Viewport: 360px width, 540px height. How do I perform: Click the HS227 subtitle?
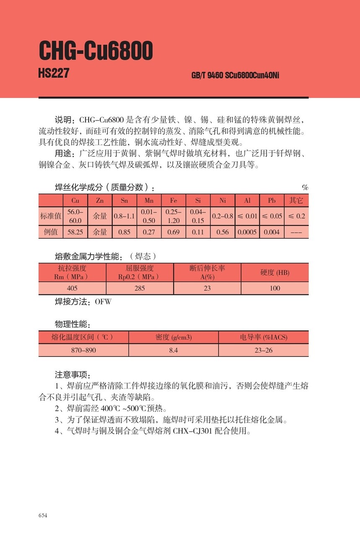54,73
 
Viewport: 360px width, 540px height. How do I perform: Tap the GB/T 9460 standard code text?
235,76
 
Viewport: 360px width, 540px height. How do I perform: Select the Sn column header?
124,201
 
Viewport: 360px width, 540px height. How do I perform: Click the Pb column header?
272,201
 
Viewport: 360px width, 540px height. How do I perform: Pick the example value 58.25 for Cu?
75,232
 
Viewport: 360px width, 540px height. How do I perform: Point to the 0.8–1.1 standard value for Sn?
124,216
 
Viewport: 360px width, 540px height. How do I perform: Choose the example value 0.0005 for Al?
247,232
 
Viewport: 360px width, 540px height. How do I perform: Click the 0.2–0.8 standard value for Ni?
222,216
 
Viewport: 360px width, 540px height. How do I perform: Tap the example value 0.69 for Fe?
173,232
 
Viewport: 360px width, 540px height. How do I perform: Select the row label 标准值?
51,216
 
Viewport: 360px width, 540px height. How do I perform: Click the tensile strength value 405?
72,288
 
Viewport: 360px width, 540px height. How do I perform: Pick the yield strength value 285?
139,288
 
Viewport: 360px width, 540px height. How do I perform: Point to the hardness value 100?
275,288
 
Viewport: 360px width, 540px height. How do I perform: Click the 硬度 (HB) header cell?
275,273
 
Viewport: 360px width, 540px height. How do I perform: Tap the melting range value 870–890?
83,350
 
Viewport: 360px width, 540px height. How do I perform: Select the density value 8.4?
173,350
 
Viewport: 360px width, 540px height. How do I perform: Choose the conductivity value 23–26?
263,350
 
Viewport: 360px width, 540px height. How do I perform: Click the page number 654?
43,515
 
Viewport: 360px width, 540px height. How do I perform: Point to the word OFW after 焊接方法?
103,301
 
